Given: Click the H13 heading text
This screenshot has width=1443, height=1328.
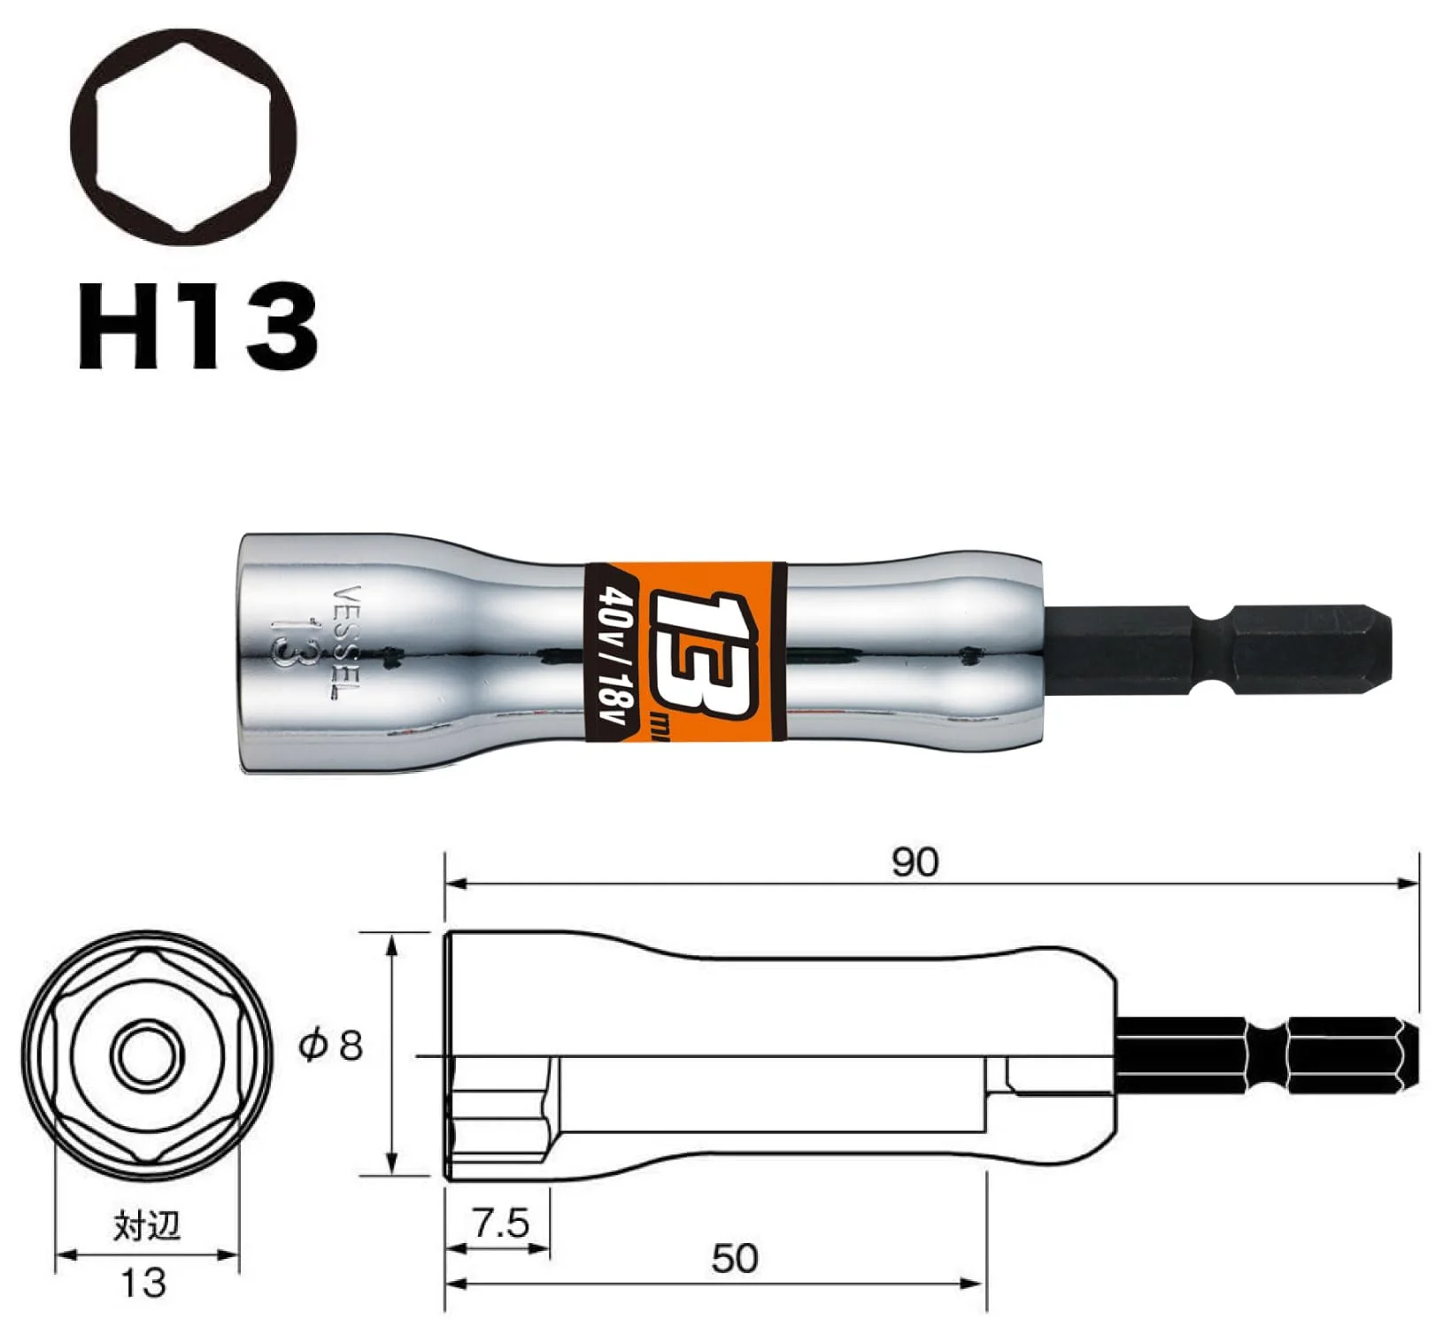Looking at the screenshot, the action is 197,326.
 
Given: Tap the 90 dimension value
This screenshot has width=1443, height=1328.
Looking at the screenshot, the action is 914,861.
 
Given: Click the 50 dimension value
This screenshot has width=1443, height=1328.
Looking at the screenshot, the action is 735,1258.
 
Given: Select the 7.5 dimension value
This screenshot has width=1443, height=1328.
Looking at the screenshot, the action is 500,1224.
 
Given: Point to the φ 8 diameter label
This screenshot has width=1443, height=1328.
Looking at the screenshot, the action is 331,1046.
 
